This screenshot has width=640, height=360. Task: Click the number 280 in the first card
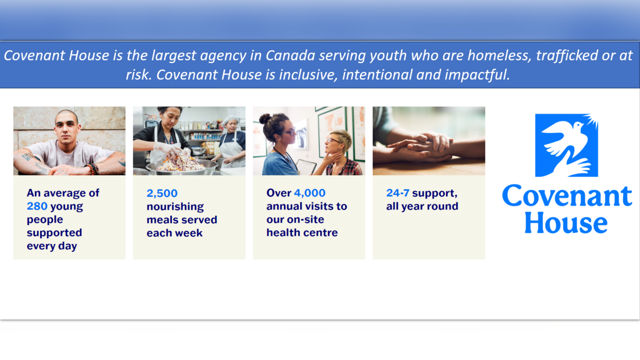(x=37, y=206)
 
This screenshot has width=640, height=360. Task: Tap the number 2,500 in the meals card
(x=162, y=193)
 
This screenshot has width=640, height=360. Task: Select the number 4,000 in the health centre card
(x=309, y=193)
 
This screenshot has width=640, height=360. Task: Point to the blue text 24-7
(x=397, y=193)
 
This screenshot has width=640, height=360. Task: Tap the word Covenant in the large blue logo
(x=567, y=195)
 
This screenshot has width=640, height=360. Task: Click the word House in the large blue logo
(x=566, y=222)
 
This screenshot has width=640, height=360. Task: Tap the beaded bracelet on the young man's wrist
(x=93, y=169)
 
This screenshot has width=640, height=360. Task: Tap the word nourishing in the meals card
(x=175, y=206)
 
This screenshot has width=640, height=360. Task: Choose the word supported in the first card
(x=54, y=233)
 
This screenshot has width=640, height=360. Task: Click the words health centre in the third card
(x=302, y=232)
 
